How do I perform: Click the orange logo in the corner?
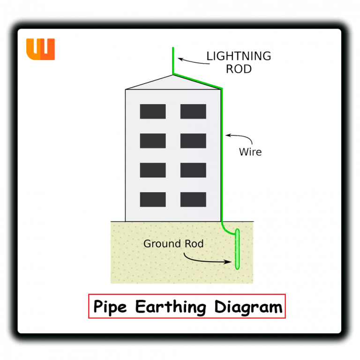point(40,49)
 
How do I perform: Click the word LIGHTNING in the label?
point(239,56)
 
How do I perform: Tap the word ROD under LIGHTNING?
point(239,69)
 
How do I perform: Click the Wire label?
point(250,152)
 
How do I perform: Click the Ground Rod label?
point(173,244)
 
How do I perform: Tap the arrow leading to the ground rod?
point(206,260)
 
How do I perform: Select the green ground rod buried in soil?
point(237,249)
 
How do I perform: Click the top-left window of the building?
point(153,112)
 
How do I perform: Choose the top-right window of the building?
point(193,112)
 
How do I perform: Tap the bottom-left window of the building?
point(153,199)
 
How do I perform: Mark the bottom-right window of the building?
point(193,199)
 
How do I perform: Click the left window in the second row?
point(153,141)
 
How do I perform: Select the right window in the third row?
point(193,170)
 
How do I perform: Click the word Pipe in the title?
point(111,307)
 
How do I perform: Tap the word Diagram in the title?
point(248,307)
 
